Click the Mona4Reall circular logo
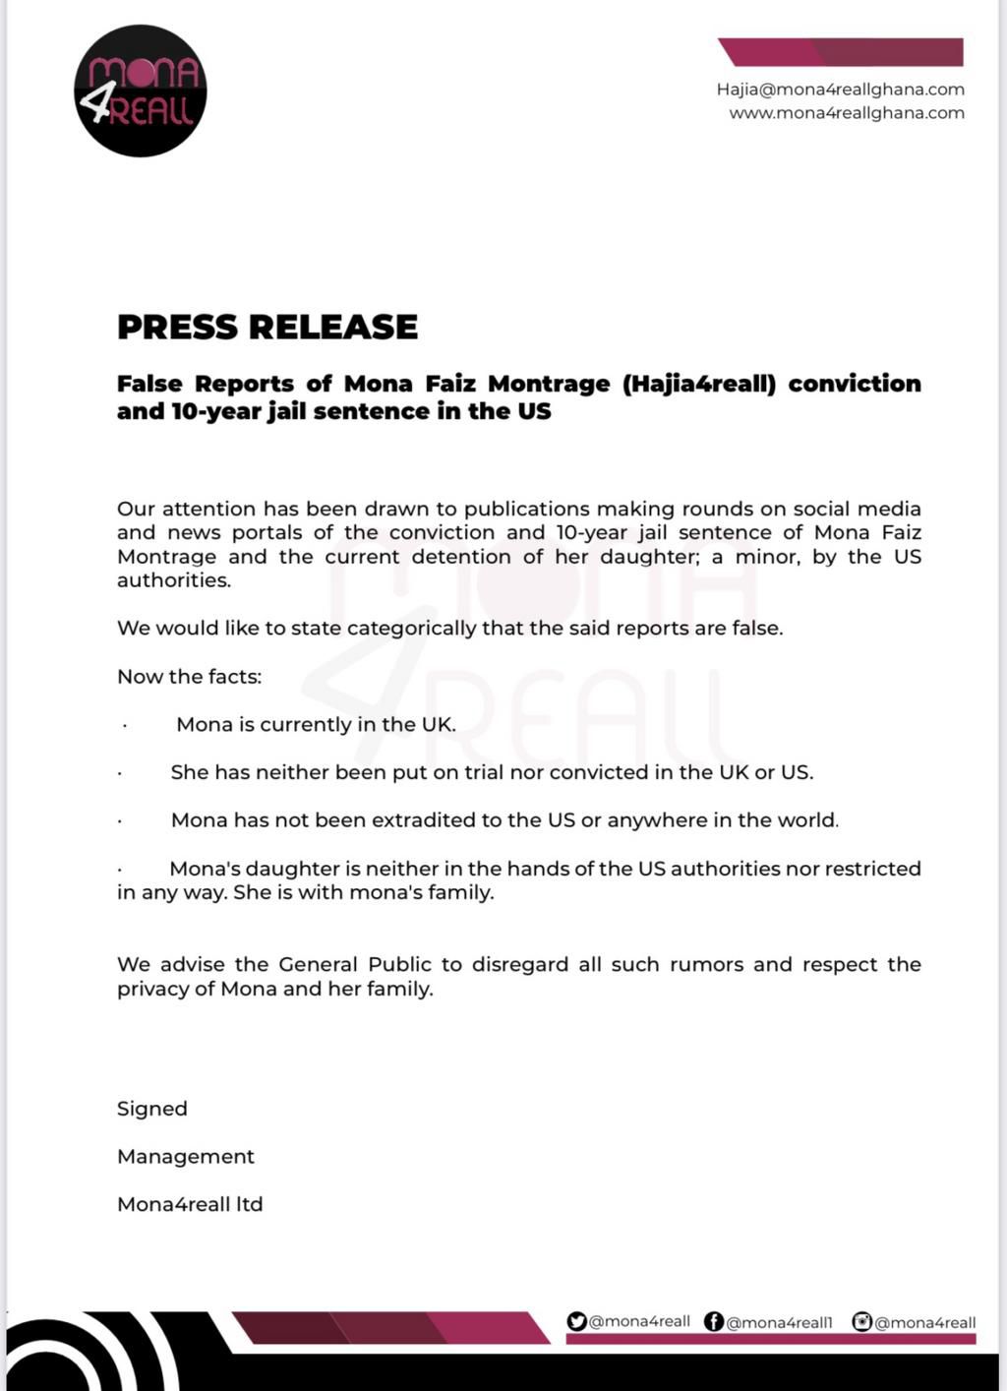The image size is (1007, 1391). (140, 91)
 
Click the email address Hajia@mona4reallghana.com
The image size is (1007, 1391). (840, 90)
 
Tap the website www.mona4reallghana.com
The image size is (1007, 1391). (846, 113)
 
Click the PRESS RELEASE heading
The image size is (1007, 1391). (267, 327)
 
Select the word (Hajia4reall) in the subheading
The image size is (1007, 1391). (699, 384)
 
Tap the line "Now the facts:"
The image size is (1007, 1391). (190, 677)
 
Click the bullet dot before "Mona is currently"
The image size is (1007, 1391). (125, 726)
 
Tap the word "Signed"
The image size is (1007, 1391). (152, 1109)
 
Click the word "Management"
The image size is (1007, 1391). (186, 1157)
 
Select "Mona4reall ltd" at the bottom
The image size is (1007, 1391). (190, 1204)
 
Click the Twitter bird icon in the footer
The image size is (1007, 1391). (577, 1321)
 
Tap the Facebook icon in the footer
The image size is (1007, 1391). (714, 1321)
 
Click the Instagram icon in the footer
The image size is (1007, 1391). (862, 1321)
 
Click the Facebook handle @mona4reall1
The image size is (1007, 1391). (779, 1322)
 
